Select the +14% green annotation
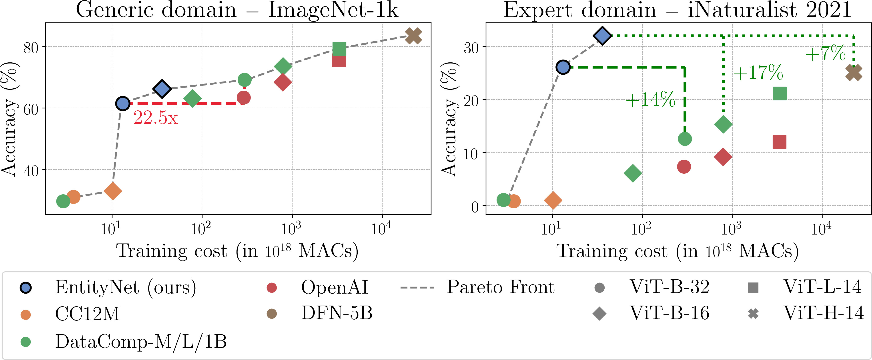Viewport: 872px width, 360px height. pos(650,100)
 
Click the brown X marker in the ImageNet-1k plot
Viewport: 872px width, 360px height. pos(413,36)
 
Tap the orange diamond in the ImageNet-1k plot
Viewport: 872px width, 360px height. pos(113,191)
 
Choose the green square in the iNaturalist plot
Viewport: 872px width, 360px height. pos(780,93)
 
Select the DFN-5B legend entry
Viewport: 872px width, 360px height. pos(337,313)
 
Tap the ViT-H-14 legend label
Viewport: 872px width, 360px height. pos(823,313)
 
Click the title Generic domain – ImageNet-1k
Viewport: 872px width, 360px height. pos(237,10)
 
